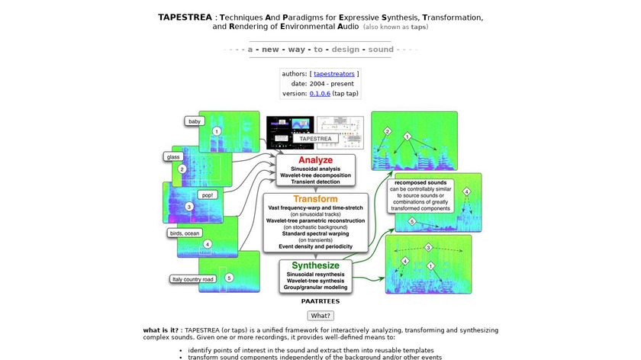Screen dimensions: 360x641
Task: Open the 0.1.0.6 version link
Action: coord(320,93)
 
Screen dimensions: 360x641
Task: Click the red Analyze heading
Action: coord(315,160)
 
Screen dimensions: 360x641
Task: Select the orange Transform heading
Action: coord(315,199)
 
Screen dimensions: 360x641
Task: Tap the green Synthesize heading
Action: coord(315,265)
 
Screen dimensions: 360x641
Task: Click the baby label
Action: coord(195,121)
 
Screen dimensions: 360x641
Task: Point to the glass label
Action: coord(172,156)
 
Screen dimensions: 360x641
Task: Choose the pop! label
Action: coord(208,194)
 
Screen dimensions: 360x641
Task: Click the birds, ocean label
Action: coord(185,233)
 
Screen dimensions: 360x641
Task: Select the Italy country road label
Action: coord(192,279)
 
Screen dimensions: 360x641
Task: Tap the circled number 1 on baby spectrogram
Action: coord(217,131)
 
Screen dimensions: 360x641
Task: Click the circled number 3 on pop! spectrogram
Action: coord(189,207)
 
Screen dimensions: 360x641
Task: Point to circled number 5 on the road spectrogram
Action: coord(228,277)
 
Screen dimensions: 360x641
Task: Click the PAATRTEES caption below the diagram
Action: coord(320,301)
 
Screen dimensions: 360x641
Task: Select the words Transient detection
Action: coord(315,182)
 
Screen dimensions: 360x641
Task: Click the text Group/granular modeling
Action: coord(316,287)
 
